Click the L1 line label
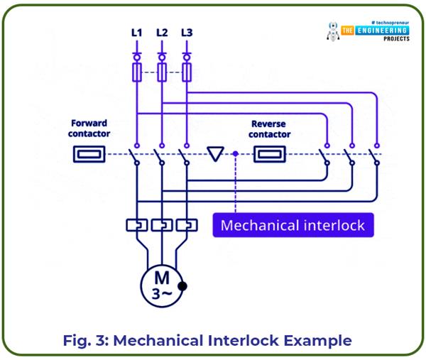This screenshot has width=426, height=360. click(136, 33)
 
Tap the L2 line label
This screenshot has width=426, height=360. click(161, 33)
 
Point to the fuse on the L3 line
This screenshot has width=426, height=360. click(187, 72)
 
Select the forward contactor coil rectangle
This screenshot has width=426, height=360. click(89, 154)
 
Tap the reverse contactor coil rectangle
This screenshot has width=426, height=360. click(269, 154)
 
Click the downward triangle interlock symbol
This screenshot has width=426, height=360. click(214, 153)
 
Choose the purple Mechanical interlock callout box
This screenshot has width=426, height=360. click(293, 226)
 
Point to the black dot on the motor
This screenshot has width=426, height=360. click(182, 287)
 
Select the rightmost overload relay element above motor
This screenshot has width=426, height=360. click(186, 225)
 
